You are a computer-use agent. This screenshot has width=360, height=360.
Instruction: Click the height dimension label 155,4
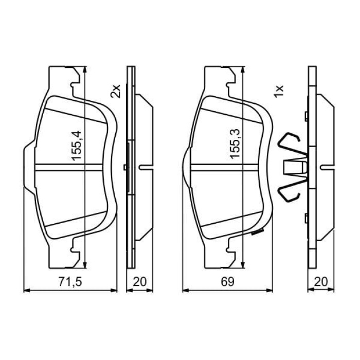(x=77, y=145)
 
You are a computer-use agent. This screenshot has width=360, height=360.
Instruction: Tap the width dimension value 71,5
(x=70, y=281)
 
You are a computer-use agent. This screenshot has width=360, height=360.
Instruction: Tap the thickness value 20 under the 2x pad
(x=139, y=281)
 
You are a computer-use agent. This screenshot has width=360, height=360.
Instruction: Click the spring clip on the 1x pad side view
(x=291, y=167)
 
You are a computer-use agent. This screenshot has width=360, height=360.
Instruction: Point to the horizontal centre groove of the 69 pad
(x=226, y=166)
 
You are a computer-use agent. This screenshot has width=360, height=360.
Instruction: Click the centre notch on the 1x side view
(x=326, y=166)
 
